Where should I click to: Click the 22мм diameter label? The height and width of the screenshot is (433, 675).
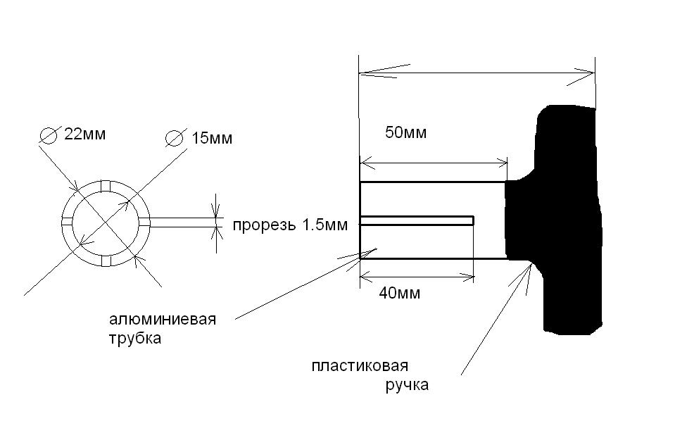[85, 134]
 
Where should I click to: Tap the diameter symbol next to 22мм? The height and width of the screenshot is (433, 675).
[49, 135]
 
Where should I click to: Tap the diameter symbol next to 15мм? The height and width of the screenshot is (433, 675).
[173, 138]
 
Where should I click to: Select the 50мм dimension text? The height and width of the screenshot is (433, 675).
[406, 132]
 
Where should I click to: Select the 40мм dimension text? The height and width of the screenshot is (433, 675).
[399, 293]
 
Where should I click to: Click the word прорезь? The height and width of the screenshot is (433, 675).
[263, 225]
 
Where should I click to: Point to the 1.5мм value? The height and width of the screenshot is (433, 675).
[326, 225]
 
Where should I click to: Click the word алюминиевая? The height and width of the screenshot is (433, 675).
[163, 320]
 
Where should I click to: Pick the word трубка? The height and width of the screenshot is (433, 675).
[135, 338]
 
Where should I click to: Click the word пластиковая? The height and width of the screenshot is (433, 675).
[360, 366]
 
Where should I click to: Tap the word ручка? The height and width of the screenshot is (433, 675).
[407, 385]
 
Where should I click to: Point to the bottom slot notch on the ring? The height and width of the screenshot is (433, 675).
[106, 261]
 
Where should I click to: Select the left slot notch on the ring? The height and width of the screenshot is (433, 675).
[68, 222]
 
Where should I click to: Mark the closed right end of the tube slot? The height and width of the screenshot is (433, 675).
[472, 220]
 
